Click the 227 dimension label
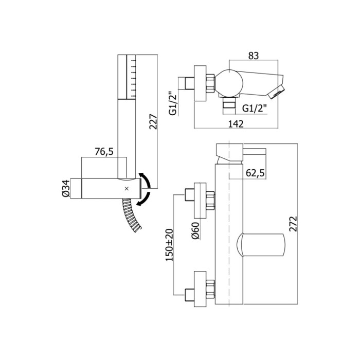tap(153, 121)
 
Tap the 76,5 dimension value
tap(104, 152)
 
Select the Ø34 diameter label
tap(65, 188)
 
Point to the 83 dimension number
tap(253, 56)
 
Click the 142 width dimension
tap(236, 124)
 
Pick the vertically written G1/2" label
tap(173, 103)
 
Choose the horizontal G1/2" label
tap(255, 108)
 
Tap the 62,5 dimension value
tap(255, 173)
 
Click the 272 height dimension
tap(293, 224)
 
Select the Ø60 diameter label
tap(195, 231)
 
